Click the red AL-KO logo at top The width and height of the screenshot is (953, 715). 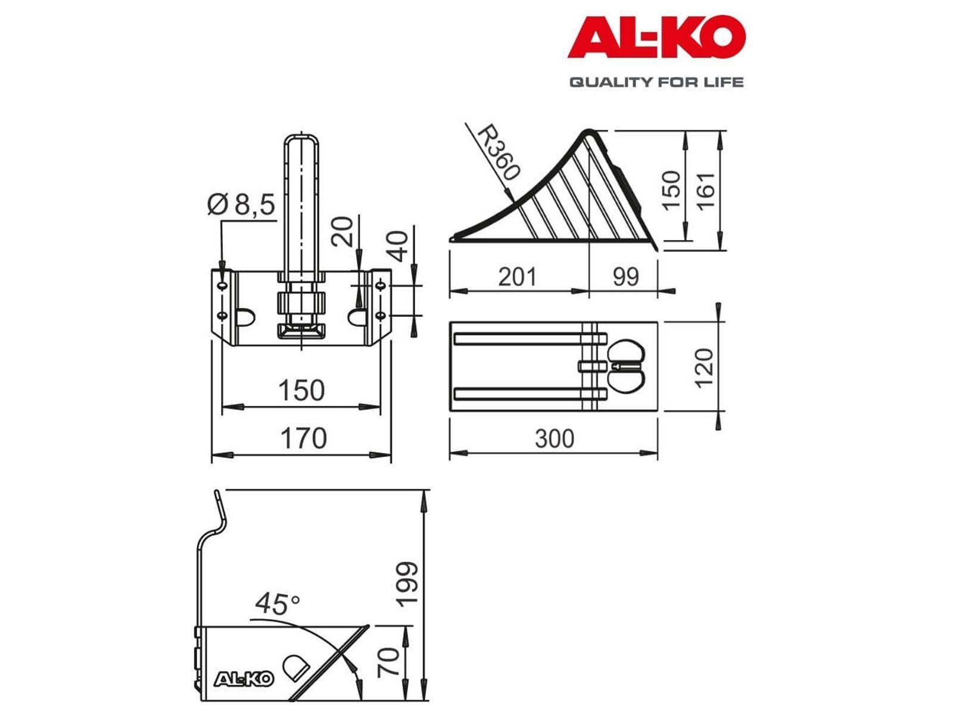click(x=656, y=37)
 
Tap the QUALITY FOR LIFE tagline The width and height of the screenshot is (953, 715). click(x=656, y=82)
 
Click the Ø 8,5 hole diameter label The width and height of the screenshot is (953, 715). click(x=241, y=204)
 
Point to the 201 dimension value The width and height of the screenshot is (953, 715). click(x=517, y=276)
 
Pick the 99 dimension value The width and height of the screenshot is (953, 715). click(x=625, y=276)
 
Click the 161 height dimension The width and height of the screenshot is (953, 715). click(x=706, y=191)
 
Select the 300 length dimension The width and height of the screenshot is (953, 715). click(x=555, y=439)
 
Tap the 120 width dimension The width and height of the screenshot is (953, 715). click(x=704, y=368)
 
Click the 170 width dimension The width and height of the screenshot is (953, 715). click(x=303, y=439)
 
